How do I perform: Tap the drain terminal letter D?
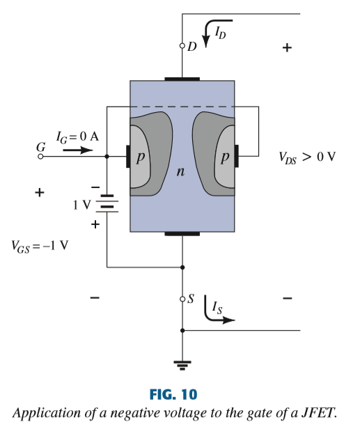point(191,46)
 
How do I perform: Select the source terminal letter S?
point(191,299)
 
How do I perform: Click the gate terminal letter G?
point(40,147)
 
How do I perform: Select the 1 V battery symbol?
point(107,204)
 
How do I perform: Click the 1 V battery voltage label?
point(81,205)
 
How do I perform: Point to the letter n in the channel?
point(180,172)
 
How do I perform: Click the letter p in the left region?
point(141,157)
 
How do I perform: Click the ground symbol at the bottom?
point(182,363)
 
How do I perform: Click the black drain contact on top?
point(182,79)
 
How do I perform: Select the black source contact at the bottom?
point(182,234)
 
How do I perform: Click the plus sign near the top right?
point(287,48)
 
